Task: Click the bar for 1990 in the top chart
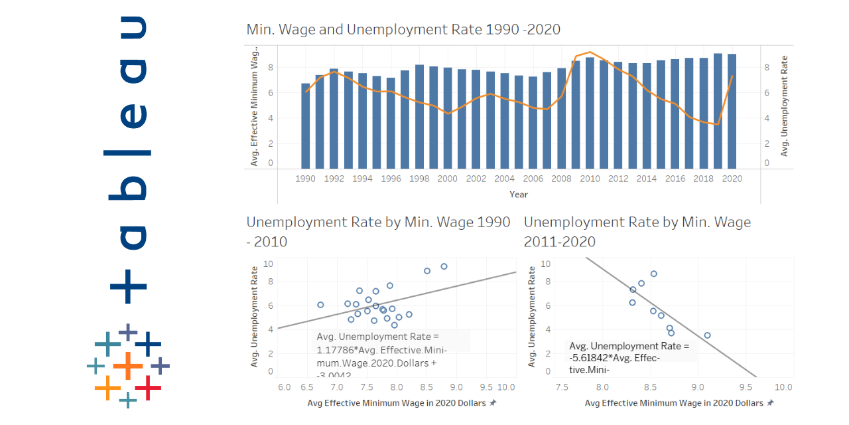pos(305,126)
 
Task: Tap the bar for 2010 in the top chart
pos(590,114)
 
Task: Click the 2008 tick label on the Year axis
pos(561,179)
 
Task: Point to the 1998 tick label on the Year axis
pos(419,179)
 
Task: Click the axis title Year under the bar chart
pos(519,195)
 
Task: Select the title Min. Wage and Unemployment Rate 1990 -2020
pos(403,29)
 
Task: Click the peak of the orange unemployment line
pos(590,52)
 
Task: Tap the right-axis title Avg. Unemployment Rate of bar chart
pos(785,106)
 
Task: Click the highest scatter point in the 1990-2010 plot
pos(444,266)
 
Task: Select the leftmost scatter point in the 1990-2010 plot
pos(320,305)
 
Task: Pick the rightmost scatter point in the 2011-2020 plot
pos(707,335)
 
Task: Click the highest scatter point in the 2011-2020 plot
pos(653,274)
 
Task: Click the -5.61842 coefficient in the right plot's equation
pos(590,359)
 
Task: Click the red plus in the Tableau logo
pos(148,387)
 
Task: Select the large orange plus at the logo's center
pos(128,365)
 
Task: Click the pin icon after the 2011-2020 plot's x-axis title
pos(769,403)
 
